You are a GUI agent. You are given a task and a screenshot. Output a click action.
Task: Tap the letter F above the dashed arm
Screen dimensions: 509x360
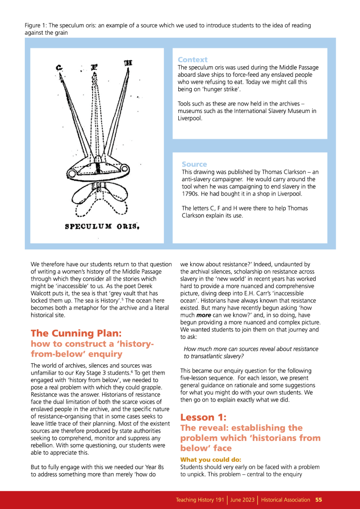[x=93, y=65]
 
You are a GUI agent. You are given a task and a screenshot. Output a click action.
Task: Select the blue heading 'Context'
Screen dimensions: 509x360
[x=192, y=60]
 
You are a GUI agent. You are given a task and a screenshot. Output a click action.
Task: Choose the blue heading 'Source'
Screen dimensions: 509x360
[x=194, y=164]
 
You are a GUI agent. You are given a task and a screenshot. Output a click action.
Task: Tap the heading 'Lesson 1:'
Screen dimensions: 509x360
[x=205, y=416]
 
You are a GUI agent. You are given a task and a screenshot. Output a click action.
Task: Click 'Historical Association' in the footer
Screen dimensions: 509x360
[x=286, y=500]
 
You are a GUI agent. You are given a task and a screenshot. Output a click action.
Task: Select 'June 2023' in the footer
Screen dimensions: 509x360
[x=242, y=500]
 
